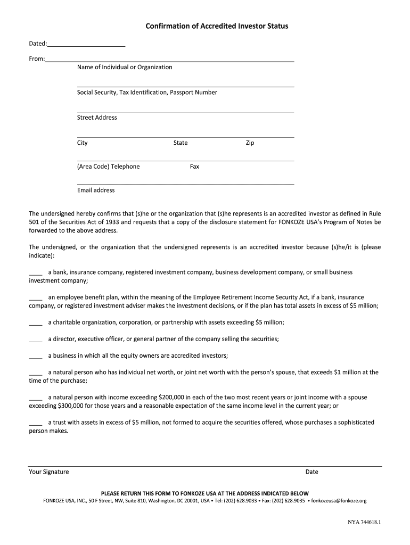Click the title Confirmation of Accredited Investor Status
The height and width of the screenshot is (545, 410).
[x=217, y=26]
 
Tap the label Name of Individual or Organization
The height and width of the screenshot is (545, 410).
[x=125, y=67]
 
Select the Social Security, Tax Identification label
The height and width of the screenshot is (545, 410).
[x=147, y=92]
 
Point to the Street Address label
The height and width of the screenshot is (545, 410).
[x=97, y=117]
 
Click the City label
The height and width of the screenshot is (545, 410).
[x=83, y=143]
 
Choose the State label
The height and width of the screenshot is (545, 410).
[x=181, y=143]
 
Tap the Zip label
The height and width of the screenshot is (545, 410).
[x=250, y=143]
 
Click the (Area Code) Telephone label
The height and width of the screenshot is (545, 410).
[x=108, y=167]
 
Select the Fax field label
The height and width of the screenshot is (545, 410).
[x=194, y=167]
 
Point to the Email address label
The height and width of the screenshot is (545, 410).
[x=96, y=190]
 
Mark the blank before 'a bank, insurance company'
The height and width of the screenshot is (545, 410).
[x=35, y=273]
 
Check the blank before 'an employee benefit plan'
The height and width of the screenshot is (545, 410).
[x=35, y=298]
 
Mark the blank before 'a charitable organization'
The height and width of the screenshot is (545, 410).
[x=35, y=323]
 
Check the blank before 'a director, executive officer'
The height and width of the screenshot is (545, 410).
[x=35, y=340]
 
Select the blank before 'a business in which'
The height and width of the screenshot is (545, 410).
[x=35, y=357]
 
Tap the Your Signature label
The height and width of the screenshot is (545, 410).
[x=48, y=472]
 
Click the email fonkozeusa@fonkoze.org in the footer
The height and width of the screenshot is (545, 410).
[x=339, y=501]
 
